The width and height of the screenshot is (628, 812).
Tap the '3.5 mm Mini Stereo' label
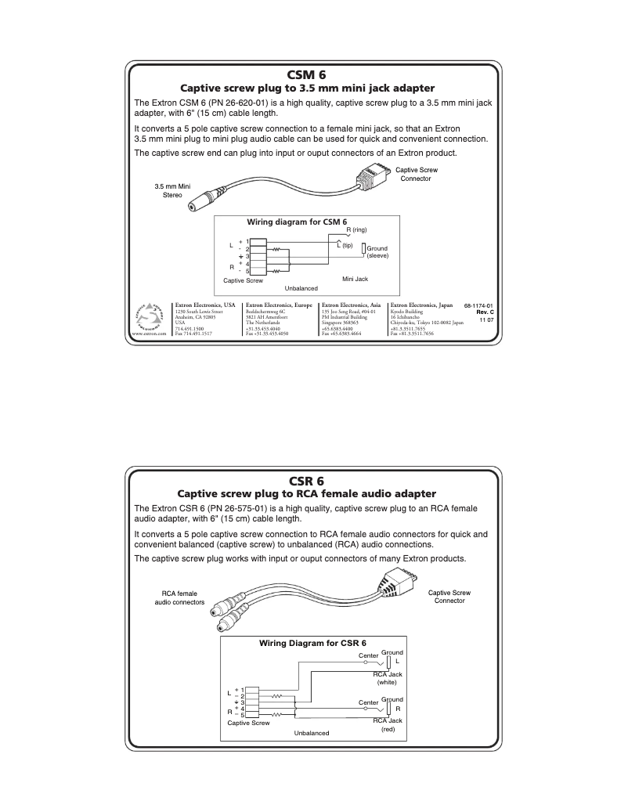(x=171, y=189)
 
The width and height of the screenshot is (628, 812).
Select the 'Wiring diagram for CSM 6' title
(x=297, y=222)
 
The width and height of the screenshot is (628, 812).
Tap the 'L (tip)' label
(x=345, y=245)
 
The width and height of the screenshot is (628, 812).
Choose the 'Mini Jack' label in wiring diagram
(x=355, y=278)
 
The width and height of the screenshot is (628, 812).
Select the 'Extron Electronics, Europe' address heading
(x=279, y=304)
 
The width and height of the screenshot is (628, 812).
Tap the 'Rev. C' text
(x=485, y=312)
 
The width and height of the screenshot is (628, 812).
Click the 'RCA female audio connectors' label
(x=179, y=598)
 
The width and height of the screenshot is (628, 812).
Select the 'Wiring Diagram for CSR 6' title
(x=312, y=642)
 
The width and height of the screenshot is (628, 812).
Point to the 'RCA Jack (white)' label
(x=387, y=678)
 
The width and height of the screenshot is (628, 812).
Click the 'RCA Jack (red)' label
(x=387, y=724)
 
